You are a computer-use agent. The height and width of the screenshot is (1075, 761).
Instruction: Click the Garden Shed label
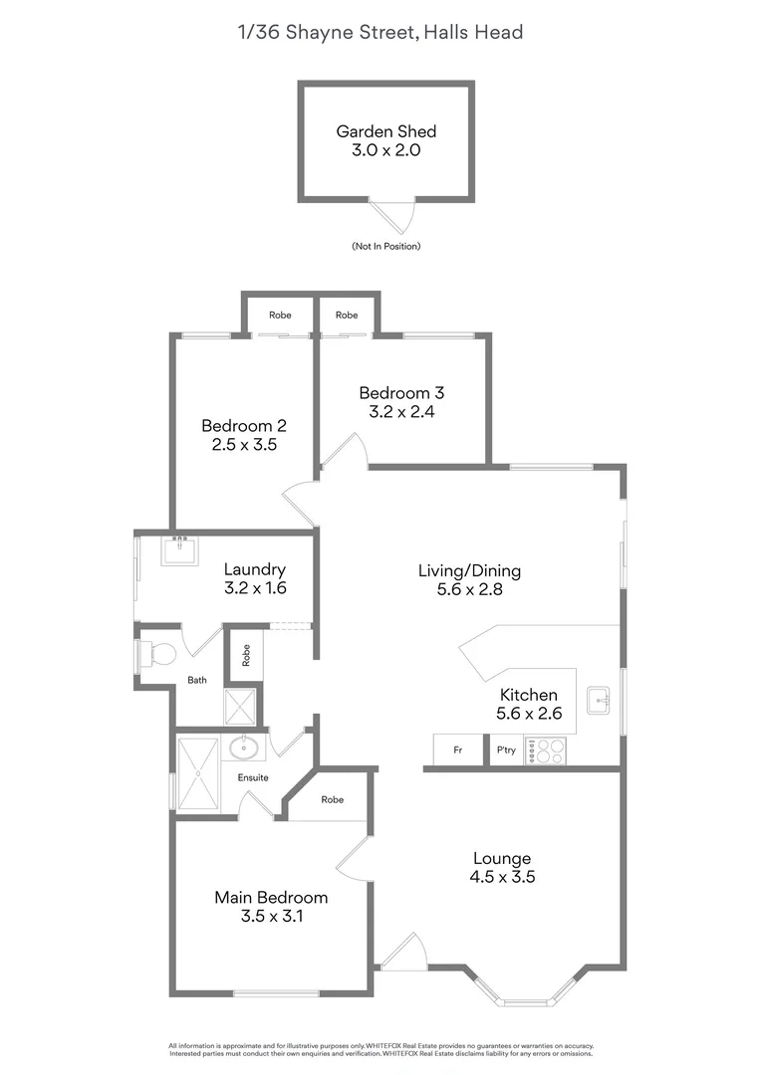(x=385, y=130)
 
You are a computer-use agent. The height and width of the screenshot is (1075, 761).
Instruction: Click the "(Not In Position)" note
(x=385, y=246)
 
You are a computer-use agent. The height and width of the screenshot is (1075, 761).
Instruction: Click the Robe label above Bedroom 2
(x=280, y=315)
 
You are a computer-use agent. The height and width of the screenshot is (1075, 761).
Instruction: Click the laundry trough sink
(x=179, y=548)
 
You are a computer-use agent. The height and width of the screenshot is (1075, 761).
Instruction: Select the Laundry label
(x=255, y=569)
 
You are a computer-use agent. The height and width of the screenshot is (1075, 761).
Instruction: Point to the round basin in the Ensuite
(x=244, y=749)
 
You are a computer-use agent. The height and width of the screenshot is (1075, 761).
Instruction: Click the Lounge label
(x=501, y=858)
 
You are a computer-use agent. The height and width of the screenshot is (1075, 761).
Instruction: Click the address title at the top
(x=380, y=33)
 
